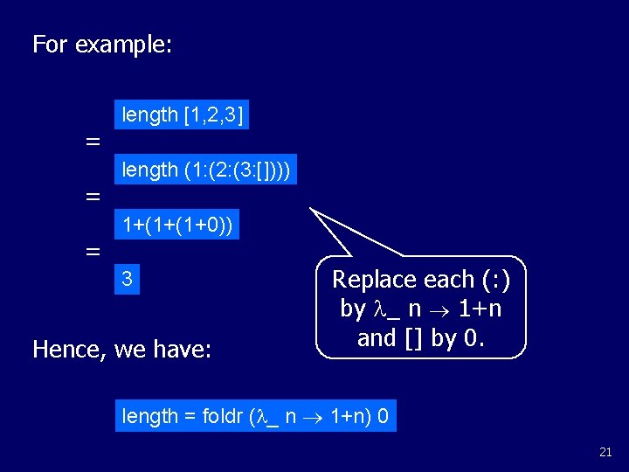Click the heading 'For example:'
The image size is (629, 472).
click(x=101, y=45)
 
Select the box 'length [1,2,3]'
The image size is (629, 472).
click(x=182, y=115)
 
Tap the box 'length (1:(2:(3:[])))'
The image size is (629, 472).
click(x=206, y=170)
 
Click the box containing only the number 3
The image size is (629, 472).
click(x=128, y=280)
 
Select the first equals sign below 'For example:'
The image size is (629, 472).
click(x=92, y=142)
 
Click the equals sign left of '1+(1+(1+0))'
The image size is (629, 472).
click(x=92, y=198)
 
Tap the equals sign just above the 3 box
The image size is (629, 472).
click(x=92, y=252)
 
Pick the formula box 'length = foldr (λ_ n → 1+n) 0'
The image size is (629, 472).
click(x=255, y=416)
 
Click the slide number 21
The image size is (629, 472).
click(x=605, y=452)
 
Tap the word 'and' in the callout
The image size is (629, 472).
click(x=377, y=337)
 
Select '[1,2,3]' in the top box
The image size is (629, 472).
click(x=213, y=115)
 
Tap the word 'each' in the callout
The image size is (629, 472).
click(x=445, y=280)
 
